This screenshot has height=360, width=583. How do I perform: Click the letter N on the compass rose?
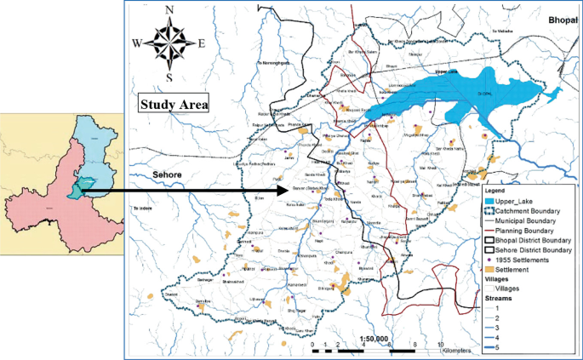click(169, 10)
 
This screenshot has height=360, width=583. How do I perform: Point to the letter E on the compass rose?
click(202, 43)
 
